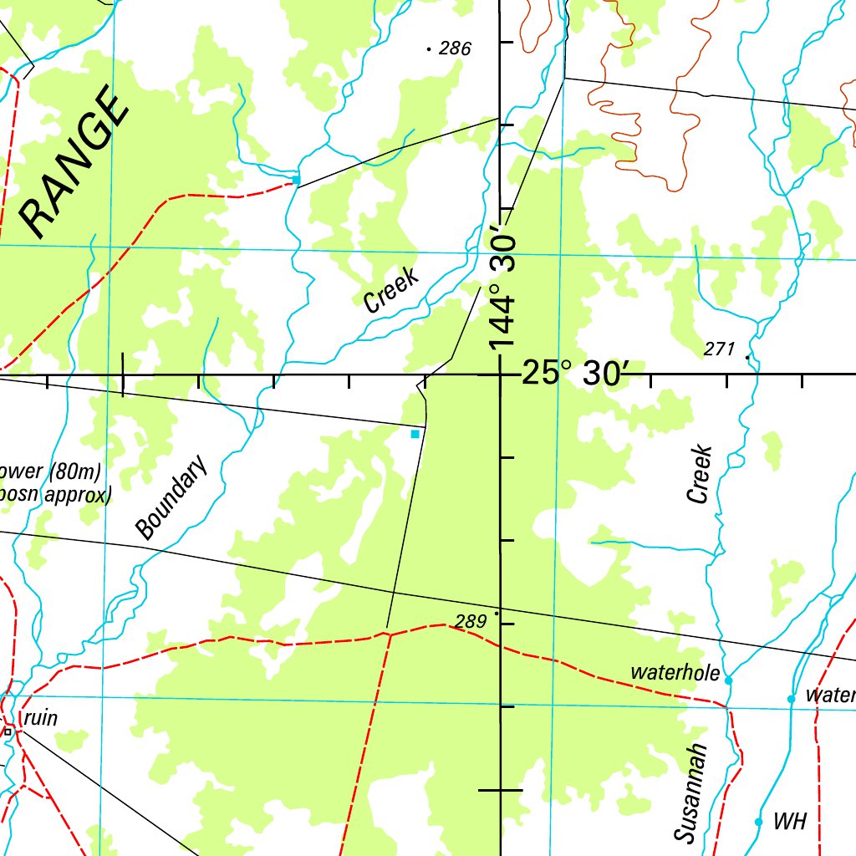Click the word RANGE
coord(75,163)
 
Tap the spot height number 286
coord(455,49)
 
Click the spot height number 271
coord(719,349)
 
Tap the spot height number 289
coord(471,621)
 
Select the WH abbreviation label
coord(789,822)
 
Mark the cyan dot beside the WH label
coord(758,822)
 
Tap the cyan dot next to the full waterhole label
coord(728,680)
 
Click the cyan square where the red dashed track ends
coord(296,180)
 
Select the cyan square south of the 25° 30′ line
coord(415,434)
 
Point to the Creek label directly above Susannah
coord(700,474)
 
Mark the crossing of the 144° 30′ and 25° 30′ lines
coord(501,374)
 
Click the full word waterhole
coord(675,672)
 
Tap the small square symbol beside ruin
coord(8,731)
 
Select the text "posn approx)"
coord(56,495)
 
